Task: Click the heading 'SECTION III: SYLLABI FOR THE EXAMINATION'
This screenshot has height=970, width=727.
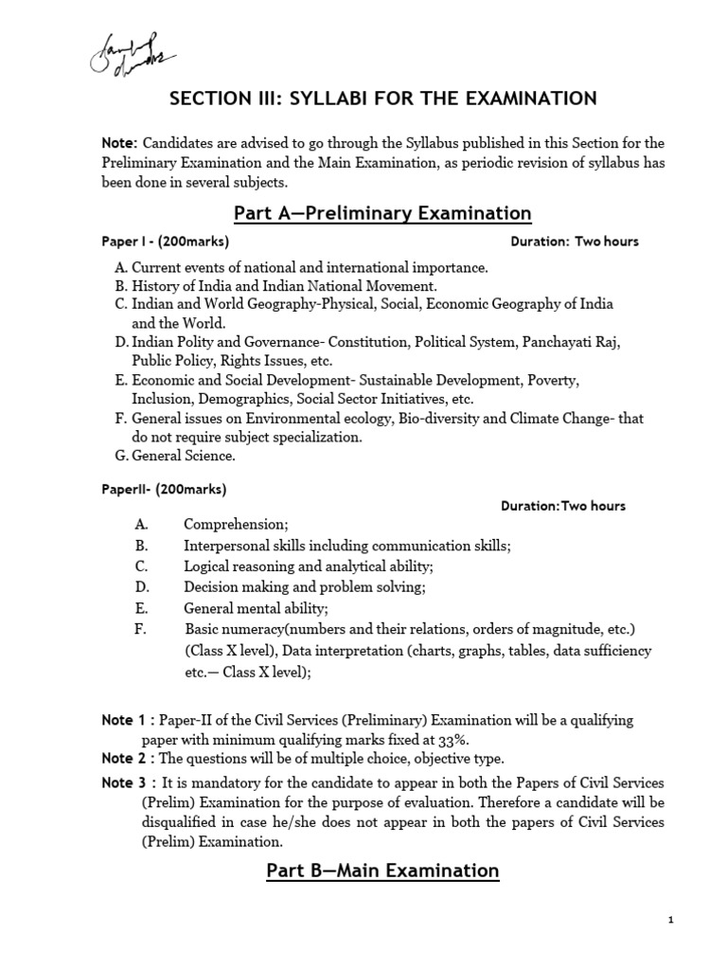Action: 382,99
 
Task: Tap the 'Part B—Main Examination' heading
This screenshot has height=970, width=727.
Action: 382,870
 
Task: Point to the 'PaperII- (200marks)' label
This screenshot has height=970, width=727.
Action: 164,490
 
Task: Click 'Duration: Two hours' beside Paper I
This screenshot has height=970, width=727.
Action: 575,242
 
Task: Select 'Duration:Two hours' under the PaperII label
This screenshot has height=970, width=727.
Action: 563,506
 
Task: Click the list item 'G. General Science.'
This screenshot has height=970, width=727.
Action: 174,456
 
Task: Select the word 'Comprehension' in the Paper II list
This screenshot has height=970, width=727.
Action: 235,524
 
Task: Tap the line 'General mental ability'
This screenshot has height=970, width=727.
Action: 256,608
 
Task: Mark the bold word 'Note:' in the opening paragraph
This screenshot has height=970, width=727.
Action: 120,143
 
